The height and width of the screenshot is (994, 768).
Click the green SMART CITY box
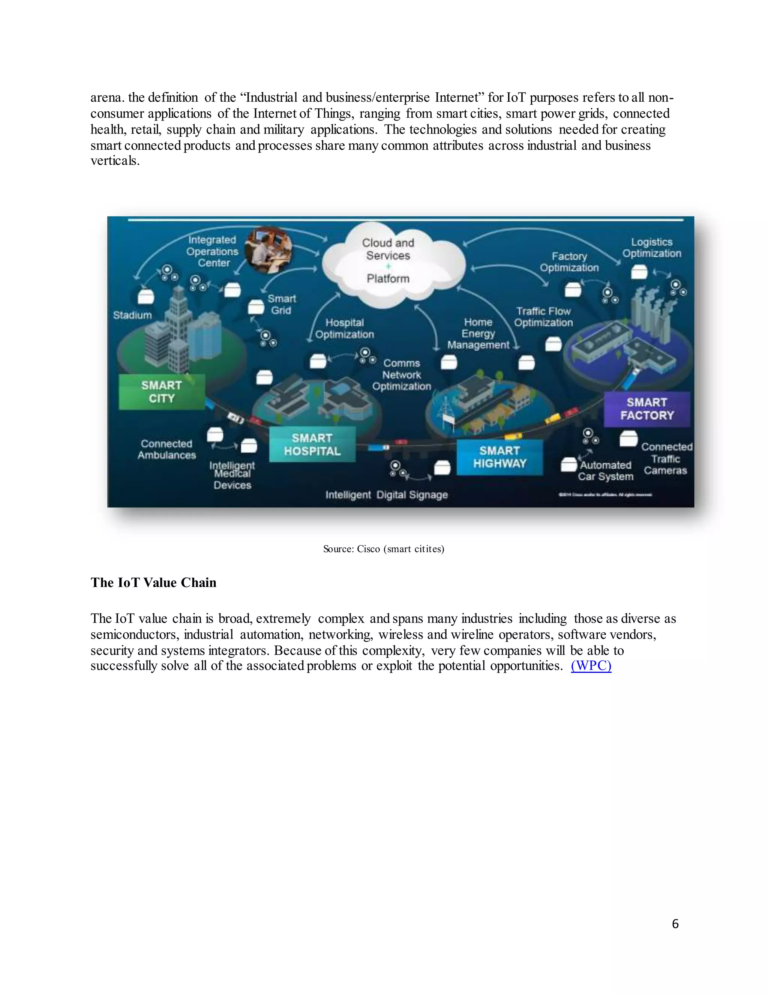[162, 392]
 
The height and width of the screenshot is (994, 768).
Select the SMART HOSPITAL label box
[312, 444]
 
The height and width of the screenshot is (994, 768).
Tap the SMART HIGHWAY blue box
[499, 457]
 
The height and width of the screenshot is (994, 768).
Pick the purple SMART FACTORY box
[646, 409]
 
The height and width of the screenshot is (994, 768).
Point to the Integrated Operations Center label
[213, 251]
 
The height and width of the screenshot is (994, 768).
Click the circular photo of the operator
[268, 250]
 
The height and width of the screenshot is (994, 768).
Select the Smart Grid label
[282, 305]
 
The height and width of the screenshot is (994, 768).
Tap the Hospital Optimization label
[344, 329]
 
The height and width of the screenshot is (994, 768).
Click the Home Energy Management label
[478, 333]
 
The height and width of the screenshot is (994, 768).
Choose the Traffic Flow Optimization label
[543, 317]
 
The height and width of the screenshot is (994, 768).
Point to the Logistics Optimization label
[651, 248]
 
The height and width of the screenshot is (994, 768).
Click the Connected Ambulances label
[166, 449]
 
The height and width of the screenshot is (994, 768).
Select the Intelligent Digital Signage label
[386, 495]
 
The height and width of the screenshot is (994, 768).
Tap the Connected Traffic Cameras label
[666, 459]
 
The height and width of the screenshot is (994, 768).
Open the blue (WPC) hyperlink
[591, 666]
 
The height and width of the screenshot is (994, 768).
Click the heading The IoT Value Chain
[153, 583]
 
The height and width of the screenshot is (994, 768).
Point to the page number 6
[675, 923]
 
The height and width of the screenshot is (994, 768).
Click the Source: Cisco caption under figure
[384, 549]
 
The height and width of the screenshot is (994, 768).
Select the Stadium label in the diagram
[132, 315]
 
